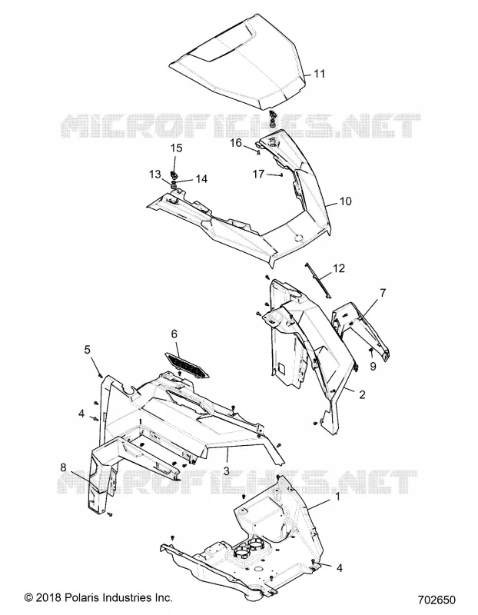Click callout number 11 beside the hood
320,74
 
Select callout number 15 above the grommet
177,148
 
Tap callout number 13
155,174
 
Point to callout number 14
201,179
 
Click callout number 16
236,142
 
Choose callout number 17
258,174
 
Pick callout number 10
346,201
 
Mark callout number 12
339,268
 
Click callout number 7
383,293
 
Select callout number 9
373,366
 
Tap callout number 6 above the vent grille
174,334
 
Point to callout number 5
87,349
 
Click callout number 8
63,467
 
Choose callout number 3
226,470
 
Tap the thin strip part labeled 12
317,280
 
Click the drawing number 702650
437,600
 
